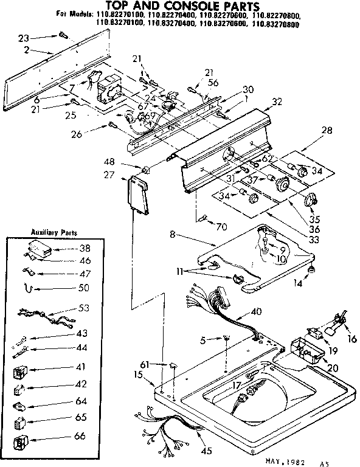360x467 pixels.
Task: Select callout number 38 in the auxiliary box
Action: (x=84, y=249)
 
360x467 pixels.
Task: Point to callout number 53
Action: (x=83, y=308)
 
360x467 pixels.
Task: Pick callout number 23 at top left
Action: (x=24, y=37)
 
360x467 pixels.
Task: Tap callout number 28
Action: (x=327, y=131)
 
